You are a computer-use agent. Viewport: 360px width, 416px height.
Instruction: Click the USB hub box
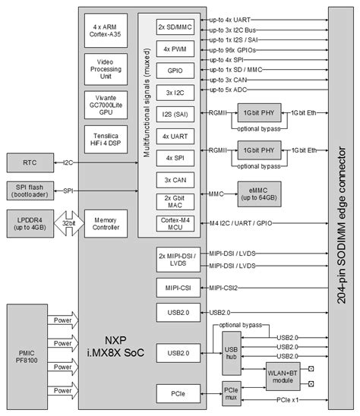tap(232, 354)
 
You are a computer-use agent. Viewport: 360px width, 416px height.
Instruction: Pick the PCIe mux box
tap(232, 394)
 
